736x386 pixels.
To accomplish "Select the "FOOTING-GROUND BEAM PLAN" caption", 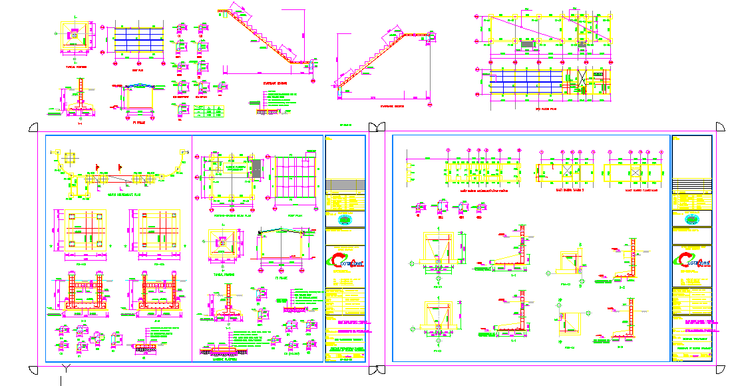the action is pos(228,215).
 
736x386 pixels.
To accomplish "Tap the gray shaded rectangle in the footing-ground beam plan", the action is pos(257,169).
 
